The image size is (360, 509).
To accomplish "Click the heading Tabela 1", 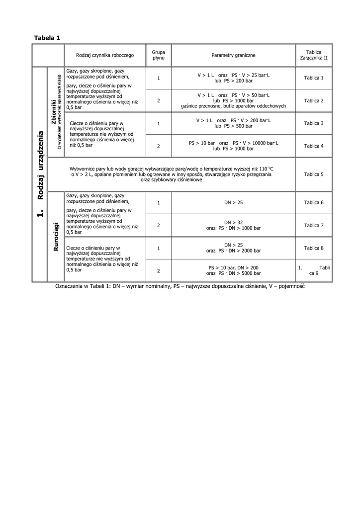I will (47, 38).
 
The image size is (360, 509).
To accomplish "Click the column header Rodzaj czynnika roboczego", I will (105, 55).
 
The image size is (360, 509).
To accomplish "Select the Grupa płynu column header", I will (159, 55).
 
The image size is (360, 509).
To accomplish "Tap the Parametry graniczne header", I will (233, 55).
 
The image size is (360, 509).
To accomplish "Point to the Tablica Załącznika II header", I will (314, 55).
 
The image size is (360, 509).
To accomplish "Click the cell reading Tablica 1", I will (314, 78).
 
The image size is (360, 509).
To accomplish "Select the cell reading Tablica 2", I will (314, 101).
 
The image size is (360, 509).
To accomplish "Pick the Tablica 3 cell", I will (314, 123).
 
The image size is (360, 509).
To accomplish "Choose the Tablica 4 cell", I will (314, 146).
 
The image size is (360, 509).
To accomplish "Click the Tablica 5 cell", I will (314, 174).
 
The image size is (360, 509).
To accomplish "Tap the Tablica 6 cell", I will (314, 203).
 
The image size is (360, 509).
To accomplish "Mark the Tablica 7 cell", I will (314, 226).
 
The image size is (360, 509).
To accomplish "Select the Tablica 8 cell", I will (314, 248).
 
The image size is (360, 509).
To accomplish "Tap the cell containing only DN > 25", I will (233, 203).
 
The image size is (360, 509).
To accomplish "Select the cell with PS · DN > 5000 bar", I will (233, 273).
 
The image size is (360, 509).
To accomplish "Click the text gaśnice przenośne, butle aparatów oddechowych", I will (233, 106).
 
